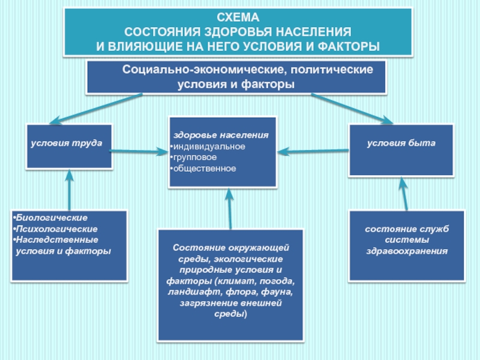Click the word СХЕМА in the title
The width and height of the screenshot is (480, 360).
click(238, 17)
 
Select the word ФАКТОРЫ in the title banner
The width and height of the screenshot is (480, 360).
click(349, 47)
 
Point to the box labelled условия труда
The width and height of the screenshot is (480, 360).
click(69, 146)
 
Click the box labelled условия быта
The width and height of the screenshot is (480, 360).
click(401, 150)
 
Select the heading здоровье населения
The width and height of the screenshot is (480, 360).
click(221, 135)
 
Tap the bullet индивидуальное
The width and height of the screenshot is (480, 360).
click(208, 146)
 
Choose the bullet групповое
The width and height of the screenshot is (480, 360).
click(193, 157)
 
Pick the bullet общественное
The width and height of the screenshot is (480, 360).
click(203, 169)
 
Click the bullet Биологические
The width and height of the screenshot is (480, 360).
click(50, 218)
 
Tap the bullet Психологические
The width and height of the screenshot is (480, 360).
click(55, 229)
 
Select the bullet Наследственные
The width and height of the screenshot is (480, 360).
click(56, 239)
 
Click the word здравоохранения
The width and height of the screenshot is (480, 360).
click(407, 251)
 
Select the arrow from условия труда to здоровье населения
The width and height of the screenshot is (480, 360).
click(139, 151)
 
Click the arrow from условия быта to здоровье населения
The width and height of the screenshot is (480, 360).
click(313, 151)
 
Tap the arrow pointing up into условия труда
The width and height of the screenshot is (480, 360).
click(70, 190)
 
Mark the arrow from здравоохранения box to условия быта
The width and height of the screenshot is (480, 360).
click(404, 193)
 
